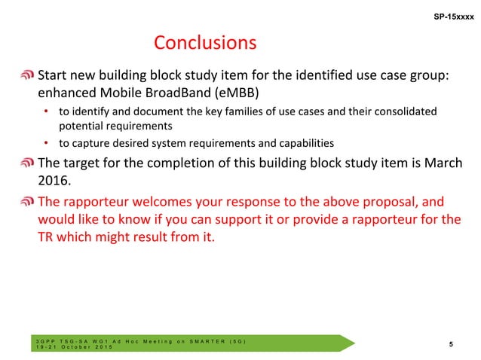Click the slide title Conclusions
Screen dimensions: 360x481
(x=205, y=42)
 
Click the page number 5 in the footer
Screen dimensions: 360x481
(x=451, y=344)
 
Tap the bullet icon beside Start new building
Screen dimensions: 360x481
(x=27, y=76)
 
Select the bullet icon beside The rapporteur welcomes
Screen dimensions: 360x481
(x=27, y=202)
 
